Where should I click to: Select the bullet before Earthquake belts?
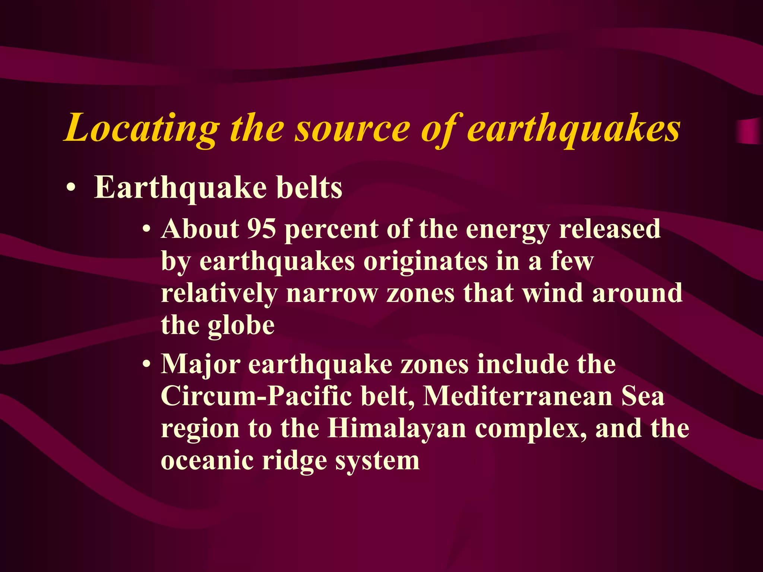70,189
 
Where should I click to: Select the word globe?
241,325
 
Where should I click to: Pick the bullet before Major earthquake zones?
148,365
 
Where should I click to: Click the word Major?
201,365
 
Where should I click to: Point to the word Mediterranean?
518,396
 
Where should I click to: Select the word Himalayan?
397,428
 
